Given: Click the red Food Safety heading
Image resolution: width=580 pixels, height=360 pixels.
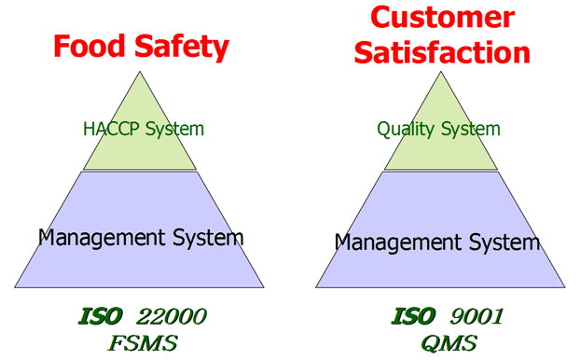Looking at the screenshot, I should coord(141,47).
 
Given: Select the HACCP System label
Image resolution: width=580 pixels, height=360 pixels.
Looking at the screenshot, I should coord(143,129).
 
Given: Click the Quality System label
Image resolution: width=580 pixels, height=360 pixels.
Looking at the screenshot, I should coord(438,129).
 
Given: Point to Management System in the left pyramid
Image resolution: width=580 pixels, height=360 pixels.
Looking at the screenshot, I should coord(141,237).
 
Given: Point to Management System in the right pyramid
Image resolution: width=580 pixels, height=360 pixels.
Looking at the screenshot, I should coord(437,242).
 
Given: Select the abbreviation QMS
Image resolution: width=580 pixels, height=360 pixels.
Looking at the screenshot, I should coord(438,342).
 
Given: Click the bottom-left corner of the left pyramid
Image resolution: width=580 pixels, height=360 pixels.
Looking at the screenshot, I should coord(15,286).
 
